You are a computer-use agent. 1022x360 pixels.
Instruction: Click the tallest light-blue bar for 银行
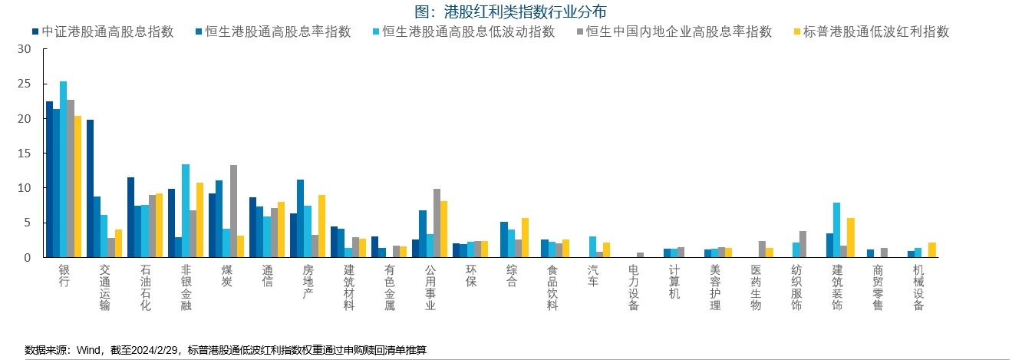pos(63,169)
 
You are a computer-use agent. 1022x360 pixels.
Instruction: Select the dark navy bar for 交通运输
pos(90,188)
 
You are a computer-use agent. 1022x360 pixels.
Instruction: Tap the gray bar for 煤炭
pos(233,211)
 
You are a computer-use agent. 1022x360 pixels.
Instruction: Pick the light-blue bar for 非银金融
pos(186,210)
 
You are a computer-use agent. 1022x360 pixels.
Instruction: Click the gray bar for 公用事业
pos(437,223)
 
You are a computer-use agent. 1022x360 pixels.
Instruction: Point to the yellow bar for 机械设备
pos(931,249)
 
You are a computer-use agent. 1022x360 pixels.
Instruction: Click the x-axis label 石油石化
pos(146,288)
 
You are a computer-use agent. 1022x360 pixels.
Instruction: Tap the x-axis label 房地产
pos(308,282)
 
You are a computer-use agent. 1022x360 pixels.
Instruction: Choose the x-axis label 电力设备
pos(634,288)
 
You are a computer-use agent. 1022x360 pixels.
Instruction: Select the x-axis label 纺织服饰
pos(796,288)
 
